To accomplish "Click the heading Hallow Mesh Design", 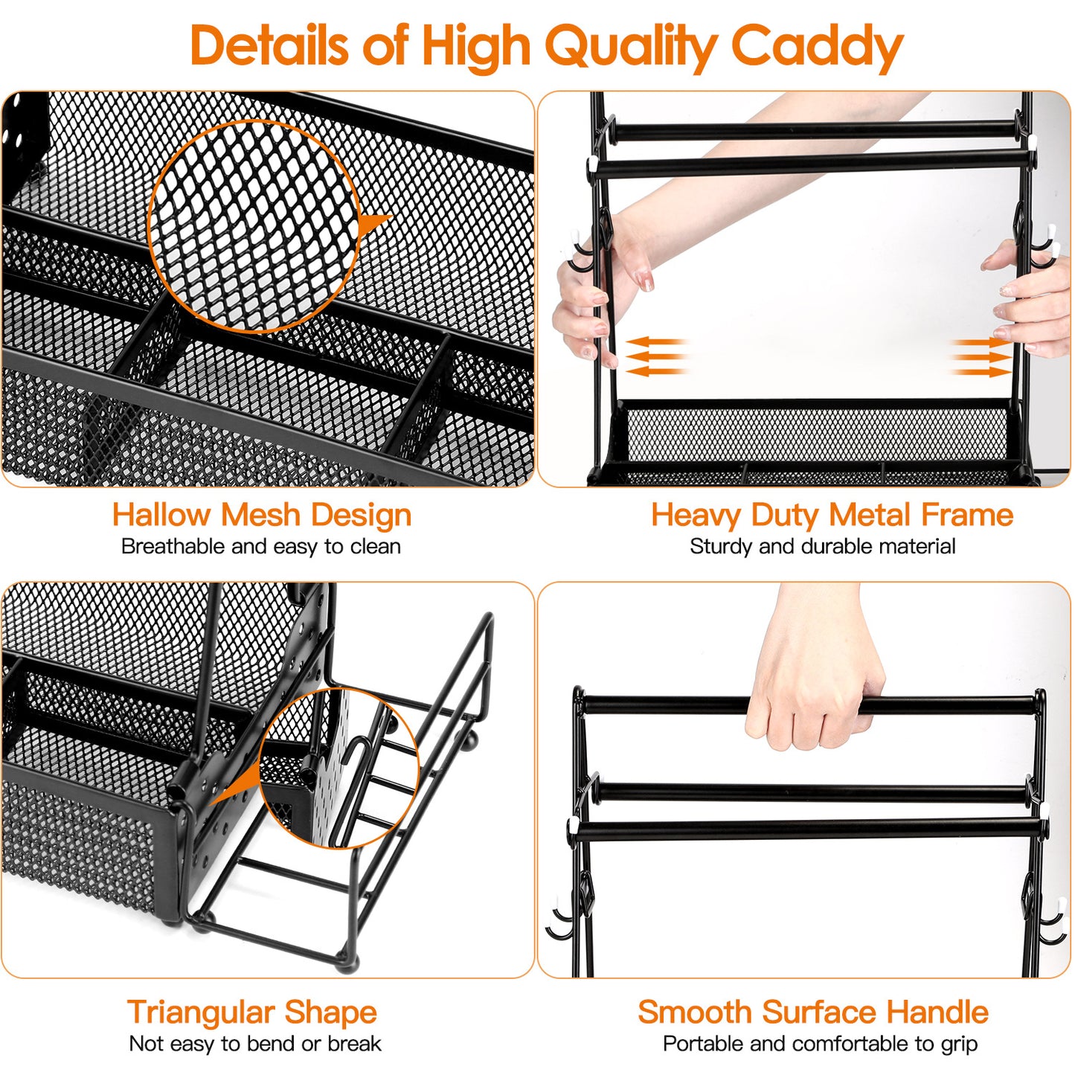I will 262,515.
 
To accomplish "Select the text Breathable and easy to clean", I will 261,547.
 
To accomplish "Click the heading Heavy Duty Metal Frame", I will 832,515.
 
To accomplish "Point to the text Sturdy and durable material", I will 822,547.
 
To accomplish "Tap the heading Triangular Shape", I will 252,1012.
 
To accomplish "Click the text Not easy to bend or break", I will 255,1044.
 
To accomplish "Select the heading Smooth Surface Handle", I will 813,1012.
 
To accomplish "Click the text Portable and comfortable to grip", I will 820,1044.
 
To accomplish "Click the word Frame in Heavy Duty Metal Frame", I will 967,515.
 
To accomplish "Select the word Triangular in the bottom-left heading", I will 201,1012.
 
